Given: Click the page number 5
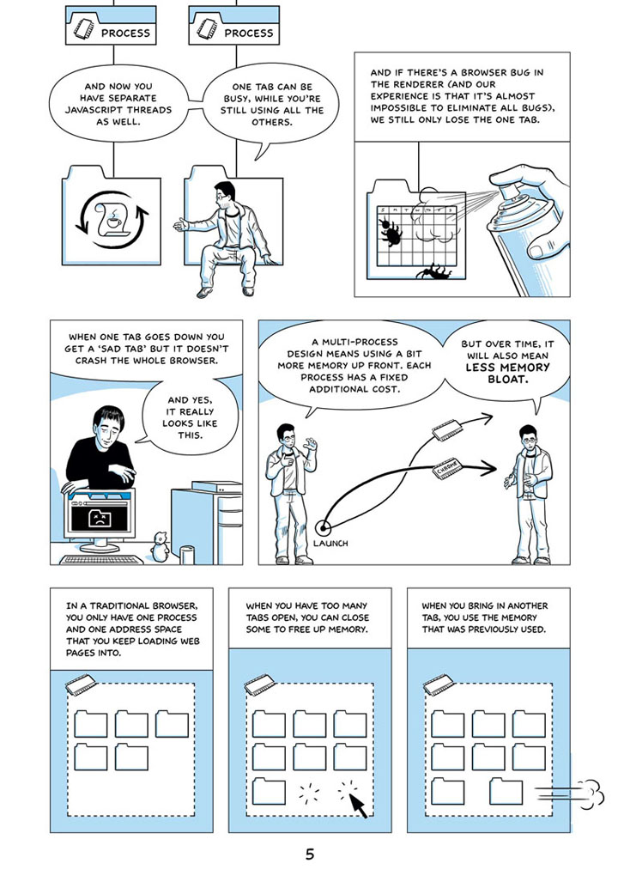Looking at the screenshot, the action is (310, 854).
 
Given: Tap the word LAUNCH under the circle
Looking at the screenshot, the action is (330, 544).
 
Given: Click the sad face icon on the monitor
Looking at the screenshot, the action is (99, 518).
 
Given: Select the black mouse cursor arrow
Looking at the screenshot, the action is (357, 805).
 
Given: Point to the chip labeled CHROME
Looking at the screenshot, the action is (448, 467).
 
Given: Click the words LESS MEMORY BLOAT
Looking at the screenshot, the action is (507, 374).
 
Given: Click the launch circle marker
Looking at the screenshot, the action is (324, 528).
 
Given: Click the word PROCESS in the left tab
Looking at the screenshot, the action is (125, 33).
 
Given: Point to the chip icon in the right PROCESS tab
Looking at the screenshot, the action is (206, 29).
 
